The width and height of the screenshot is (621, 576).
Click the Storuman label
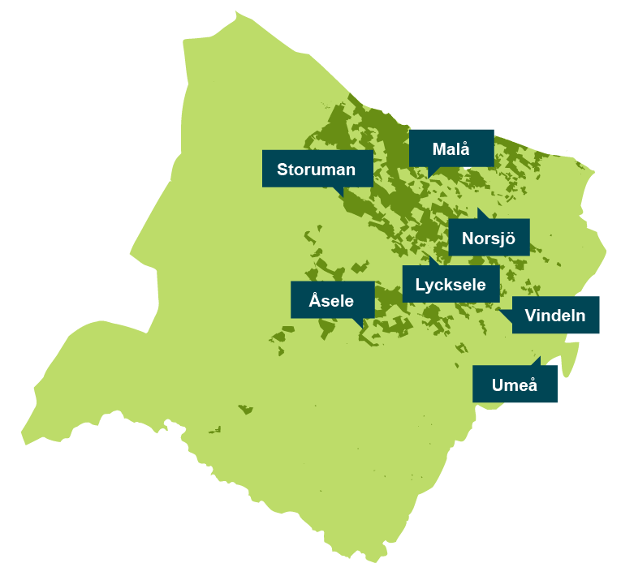(317, 169)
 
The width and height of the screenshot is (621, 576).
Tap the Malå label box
(451, 148)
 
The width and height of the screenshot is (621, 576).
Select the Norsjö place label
(488, 238)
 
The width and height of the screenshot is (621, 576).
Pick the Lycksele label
(450, 284)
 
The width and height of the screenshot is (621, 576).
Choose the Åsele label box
(332, 300)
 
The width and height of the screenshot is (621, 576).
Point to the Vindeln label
(555, 315)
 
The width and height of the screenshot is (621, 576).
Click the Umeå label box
(515, 385)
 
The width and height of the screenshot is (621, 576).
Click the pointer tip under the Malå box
(429, 177)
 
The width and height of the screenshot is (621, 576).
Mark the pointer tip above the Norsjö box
(478, 209)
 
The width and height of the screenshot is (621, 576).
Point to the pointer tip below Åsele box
(362, 329)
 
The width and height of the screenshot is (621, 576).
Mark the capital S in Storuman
(282, 170)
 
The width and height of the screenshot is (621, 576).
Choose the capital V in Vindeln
(530, 315)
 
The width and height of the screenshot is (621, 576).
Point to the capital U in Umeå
(498, 385)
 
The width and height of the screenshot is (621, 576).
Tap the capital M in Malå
(439, 149)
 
